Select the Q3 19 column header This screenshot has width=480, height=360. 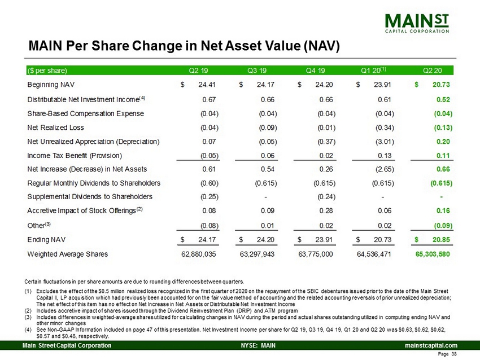point(259,71)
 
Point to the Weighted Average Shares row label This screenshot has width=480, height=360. point(67,254)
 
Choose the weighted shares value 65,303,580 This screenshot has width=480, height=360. point(433,254)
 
